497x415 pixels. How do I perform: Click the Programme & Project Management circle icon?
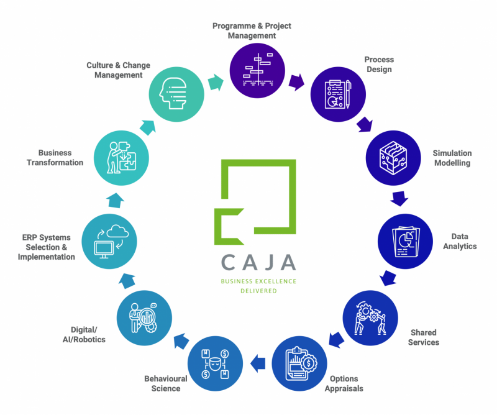tap(257, 70)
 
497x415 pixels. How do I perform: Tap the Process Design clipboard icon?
tap(338, 94)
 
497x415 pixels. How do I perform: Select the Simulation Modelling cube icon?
tap(393, 158)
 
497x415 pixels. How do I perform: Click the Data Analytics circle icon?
tap(405, 241)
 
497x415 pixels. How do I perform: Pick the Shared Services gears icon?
tap(370, 318)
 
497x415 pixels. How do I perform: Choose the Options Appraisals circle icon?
tap(299, 363)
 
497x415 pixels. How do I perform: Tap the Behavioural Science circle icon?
tap(215, 363)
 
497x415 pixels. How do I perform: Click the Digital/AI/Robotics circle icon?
tap(144, 318)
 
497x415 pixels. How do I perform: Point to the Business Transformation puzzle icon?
tap(122, 158)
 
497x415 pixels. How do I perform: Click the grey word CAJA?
tap(258, 262)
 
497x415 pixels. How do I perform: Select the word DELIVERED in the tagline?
tap(258, 291)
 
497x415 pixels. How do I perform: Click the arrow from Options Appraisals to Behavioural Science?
tap(258, 363)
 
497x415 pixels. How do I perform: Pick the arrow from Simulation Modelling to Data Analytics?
tap(399, 198)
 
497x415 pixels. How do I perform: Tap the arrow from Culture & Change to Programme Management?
tap(216, 83)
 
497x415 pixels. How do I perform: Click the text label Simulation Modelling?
tap(452, 158)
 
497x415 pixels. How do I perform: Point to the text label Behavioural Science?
tap(166, 383)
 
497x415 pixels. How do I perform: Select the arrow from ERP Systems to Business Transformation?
tap(115, 201)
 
